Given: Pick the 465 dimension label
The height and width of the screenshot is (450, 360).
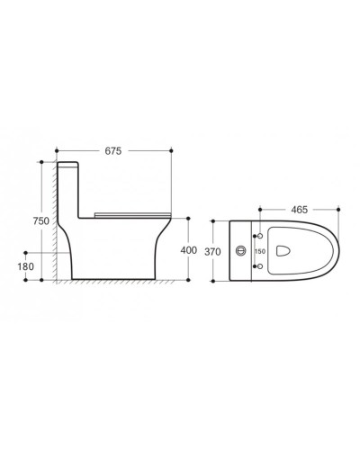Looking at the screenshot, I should coord(300,209).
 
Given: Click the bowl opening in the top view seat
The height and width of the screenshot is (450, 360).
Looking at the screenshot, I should coord(282,251).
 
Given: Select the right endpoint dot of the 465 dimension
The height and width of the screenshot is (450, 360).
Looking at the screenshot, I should coord(337,209).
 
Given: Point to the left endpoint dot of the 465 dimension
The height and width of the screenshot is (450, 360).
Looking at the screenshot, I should coord(260,209).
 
